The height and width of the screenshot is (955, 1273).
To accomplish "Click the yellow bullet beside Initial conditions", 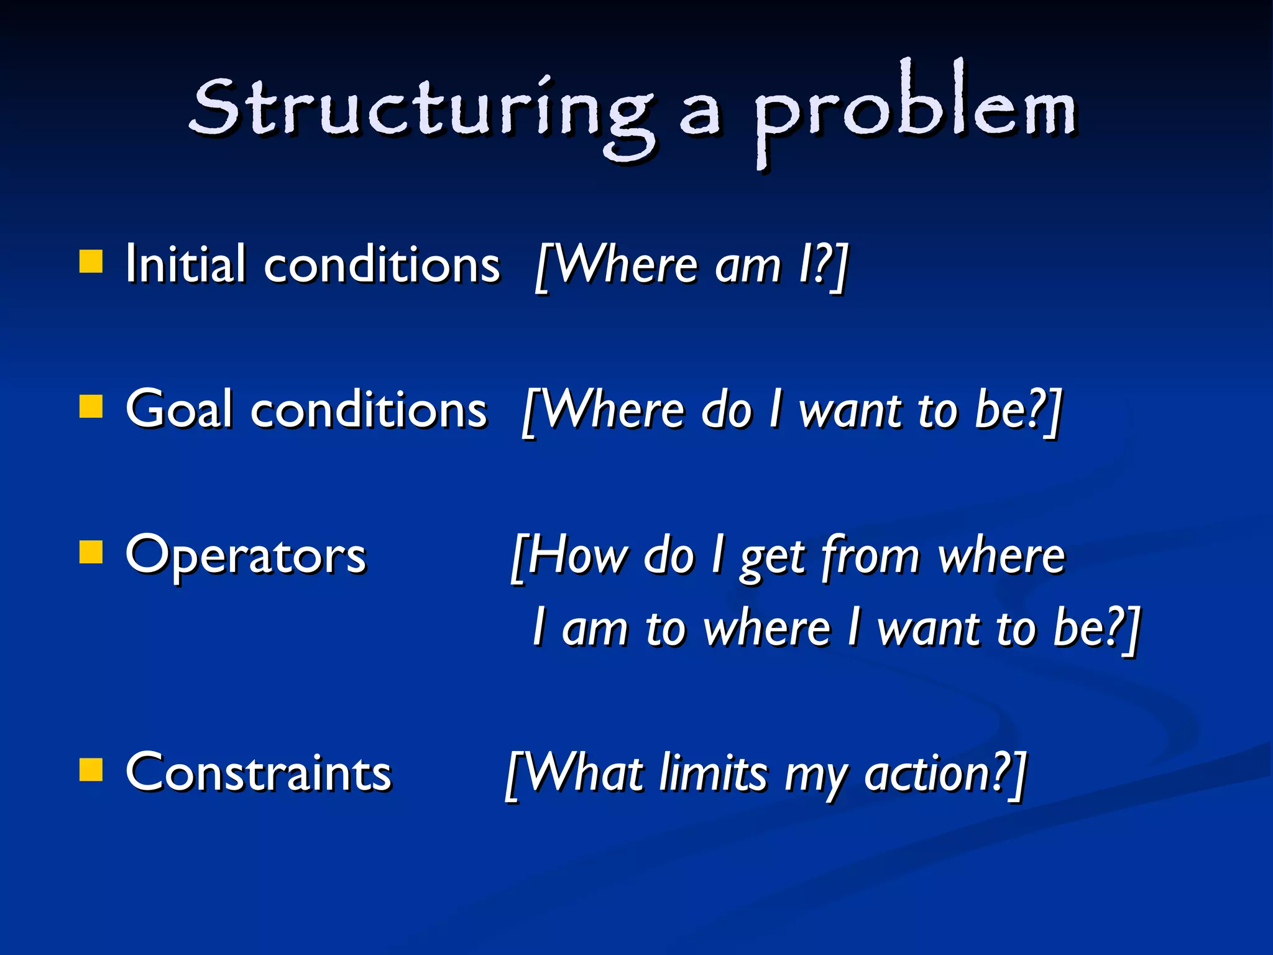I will pyautogui.click(x=91, y=262).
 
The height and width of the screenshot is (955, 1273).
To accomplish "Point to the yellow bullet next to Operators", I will pyautogui.click(x=91, y=551).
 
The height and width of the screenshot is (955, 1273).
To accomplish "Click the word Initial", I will pyautogui.click(x=185, y=264).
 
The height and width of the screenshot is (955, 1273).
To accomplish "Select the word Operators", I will pyautogui.click(x=246, y=555).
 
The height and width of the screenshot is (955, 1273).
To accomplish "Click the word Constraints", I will pyautogui.click(x=258, y=773).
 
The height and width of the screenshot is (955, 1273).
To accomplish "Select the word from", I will pyautogui.click(x=870, y=555).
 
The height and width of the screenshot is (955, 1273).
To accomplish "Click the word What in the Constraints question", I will pyautogui.click(x=584, y=773).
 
